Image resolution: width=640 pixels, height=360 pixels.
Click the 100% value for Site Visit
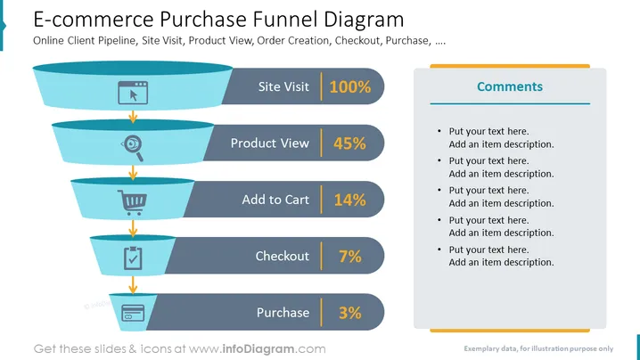click(350, 86)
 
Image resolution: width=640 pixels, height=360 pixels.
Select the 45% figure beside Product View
click(349, 143)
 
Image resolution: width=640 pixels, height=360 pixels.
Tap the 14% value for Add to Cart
click(349, 200)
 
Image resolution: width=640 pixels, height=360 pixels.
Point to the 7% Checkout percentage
click(350, 257)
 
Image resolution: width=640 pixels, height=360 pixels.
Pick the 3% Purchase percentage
click(350, 313)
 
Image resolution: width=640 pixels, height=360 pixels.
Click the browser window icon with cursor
click(133, 93)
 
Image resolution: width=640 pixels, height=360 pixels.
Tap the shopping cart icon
click(132, 202)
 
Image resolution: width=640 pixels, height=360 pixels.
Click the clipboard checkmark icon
click(133, 258)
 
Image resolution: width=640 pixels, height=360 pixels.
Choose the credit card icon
click(133, 313)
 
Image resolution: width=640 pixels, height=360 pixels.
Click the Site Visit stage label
click(283, 86)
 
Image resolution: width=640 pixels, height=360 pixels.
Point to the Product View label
click(270, 143)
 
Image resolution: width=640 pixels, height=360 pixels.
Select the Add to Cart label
click(275, 200)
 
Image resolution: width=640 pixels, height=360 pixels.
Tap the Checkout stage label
click(283, 256)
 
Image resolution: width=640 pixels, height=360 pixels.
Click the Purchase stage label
click(283, 313)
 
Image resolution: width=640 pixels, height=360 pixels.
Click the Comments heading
click(510, 86)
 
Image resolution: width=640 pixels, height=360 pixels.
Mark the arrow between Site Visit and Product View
click(133, 116)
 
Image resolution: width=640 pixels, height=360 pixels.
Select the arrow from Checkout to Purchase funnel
click(133, 284)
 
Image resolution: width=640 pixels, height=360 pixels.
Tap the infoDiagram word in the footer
click(258, 349)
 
